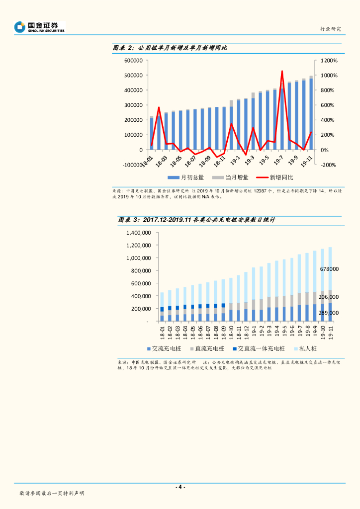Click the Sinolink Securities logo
coord(40,27)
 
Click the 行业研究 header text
coord(330,29)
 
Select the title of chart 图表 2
coord(170,48)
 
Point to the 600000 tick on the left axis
coord(134,61)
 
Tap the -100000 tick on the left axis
coord(132,165)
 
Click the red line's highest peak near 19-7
coord(282,72)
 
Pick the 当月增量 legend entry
coord(232,177)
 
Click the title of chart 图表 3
coord(196,220)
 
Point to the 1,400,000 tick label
coord(138,233)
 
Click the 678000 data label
coord(329,269)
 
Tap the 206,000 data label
coord(329,297)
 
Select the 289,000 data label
coord(329,313)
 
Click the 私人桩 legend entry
coord(308,349)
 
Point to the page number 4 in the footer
coord(180,487)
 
